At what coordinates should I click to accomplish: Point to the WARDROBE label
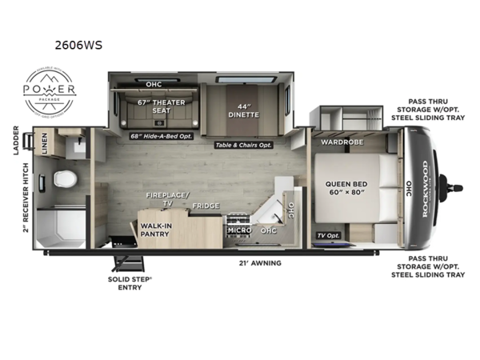click(342, 142)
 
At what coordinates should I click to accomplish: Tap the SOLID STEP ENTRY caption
click(126, 283)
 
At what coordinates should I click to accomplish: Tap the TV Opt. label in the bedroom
click(329, 236)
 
